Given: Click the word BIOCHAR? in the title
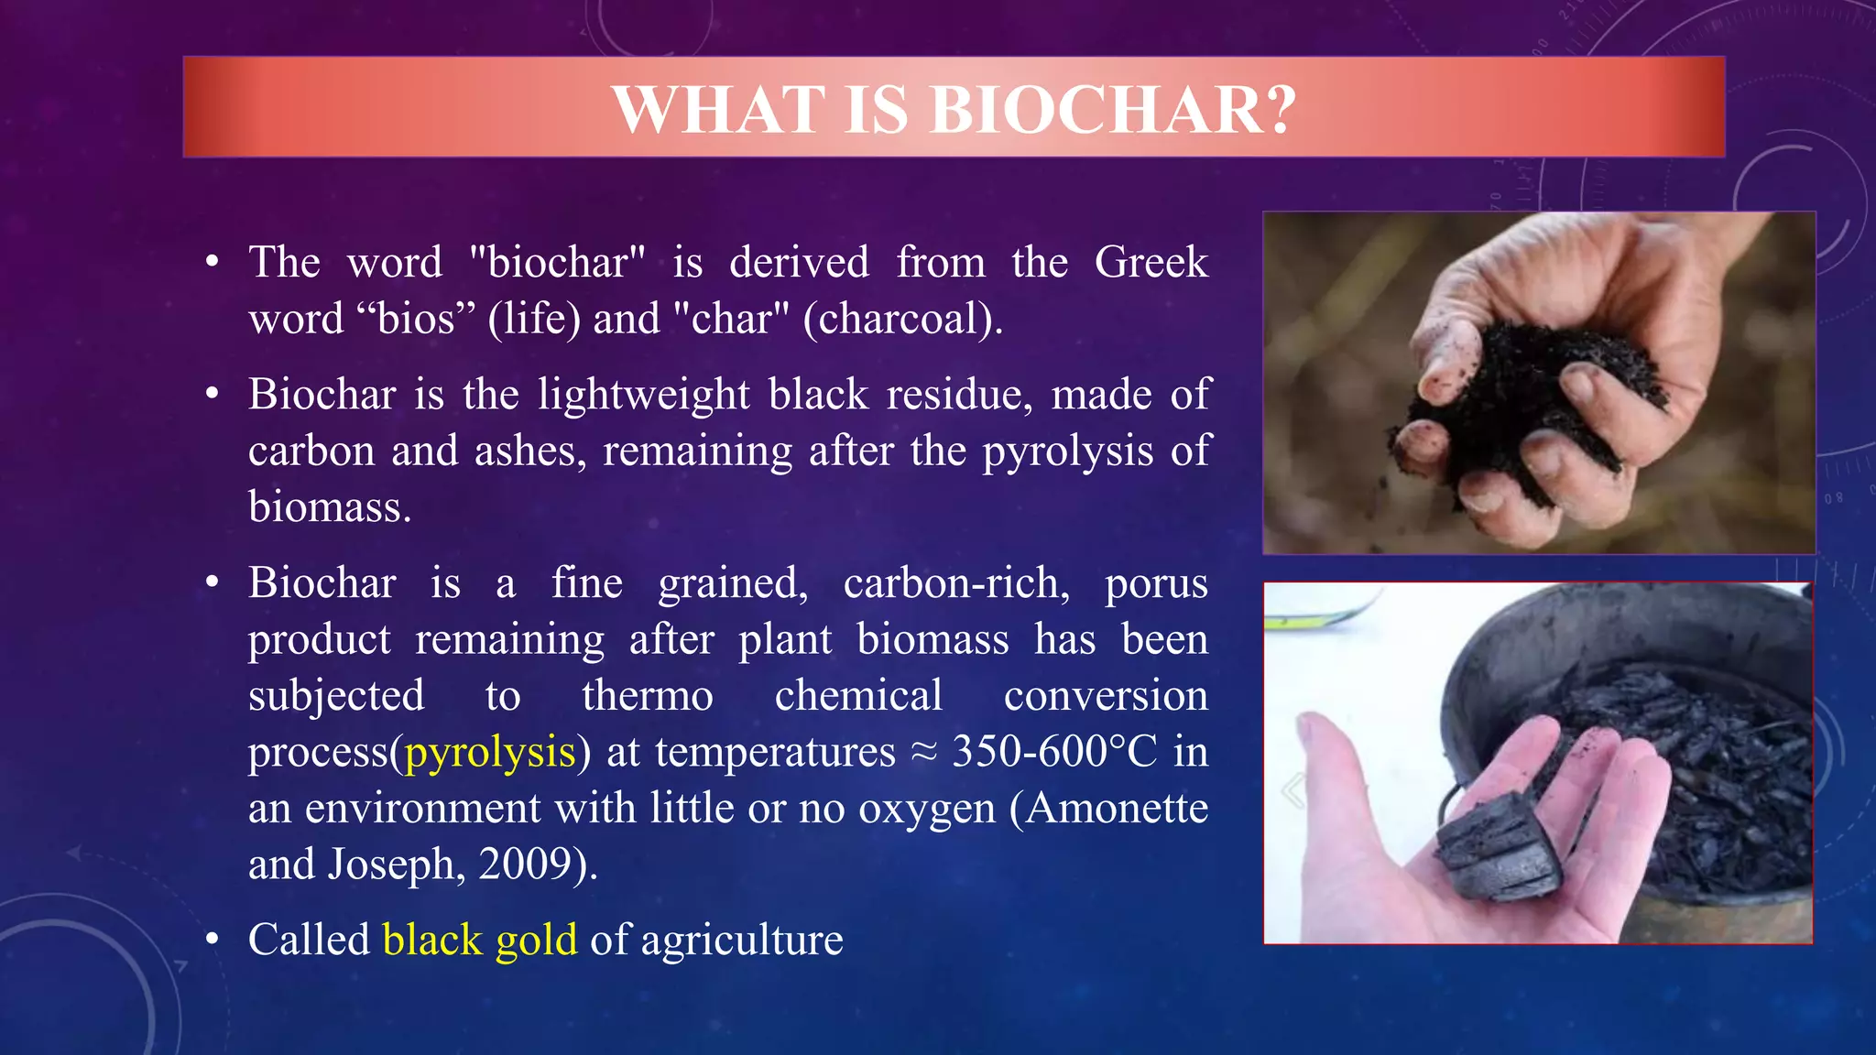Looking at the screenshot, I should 1113,110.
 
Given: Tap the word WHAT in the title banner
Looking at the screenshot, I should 719,110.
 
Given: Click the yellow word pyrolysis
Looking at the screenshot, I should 490,753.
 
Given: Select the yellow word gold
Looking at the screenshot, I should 536,941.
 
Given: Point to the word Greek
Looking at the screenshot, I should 1151,263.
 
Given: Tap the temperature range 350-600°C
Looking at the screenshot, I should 1054,752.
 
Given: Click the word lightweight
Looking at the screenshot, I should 644,396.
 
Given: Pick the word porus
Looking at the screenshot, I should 1156,583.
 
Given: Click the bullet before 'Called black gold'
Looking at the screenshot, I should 213,940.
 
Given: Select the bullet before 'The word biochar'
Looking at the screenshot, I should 213,263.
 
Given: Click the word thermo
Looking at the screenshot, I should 647,696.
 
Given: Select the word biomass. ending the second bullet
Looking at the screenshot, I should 330,507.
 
